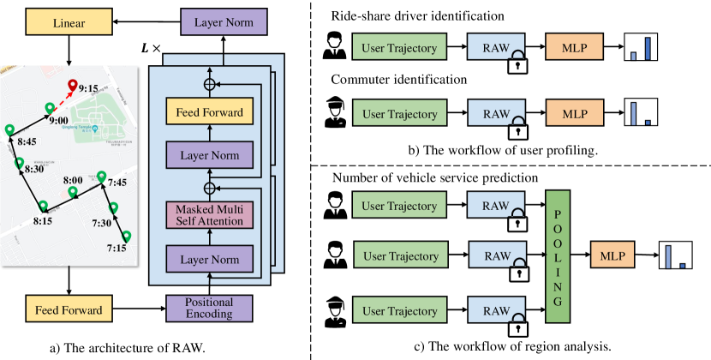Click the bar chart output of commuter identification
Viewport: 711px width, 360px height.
click(639, 112)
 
